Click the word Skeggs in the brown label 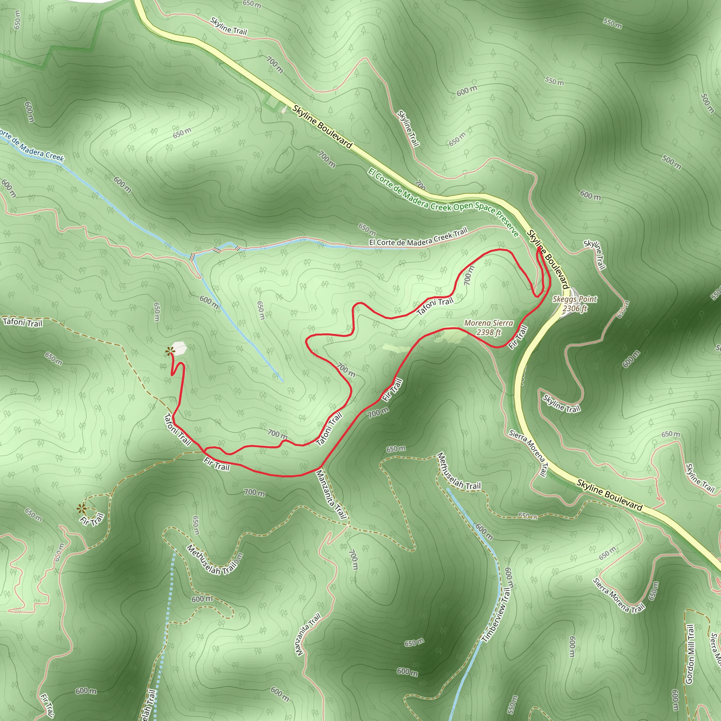click(x=564, y=299)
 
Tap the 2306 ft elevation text click(x=575, y=308)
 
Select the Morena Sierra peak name click(x=489, y=323)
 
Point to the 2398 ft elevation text click(x=489, y=332)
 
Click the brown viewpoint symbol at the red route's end click(x=170, y=351)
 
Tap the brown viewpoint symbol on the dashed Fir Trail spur click(x=81, y=508)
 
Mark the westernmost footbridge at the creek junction click(x=192, y=256)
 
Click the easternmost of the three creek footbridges click(x=237, y=247)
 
